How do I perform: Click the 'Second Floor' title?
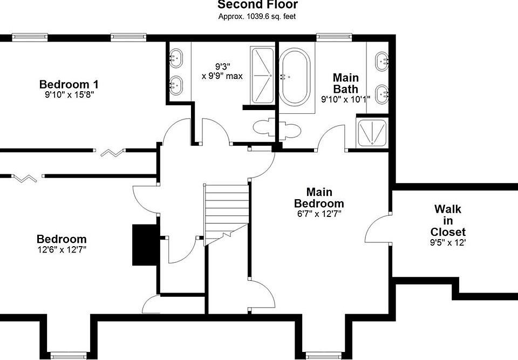coord(258,5)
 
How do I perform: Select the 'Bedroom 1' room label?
coord(69,84)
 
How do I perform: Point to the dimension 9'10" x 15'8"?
coord(70,95)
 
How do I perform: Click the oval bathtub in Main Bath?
coord(295,77)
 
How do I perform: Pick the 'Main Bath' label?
coord(345,83)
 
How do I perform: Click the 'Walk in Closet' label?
coord(448,220)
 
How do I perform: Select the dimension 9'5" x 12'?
coord(448,243)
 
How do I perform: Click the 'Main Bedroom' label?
coord(319,198)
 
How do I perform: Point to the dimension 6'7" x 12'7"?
coord(319,214)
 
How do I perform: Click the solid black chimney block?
coord(145,245)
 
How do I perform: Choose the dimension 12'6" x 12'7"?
coord(62,249)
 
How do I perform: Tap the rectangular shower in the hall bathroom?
coord(263,76)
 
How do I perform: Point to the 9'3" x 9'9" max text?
coord(222,71)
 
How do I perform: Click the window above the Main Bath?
coord(333,37)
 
